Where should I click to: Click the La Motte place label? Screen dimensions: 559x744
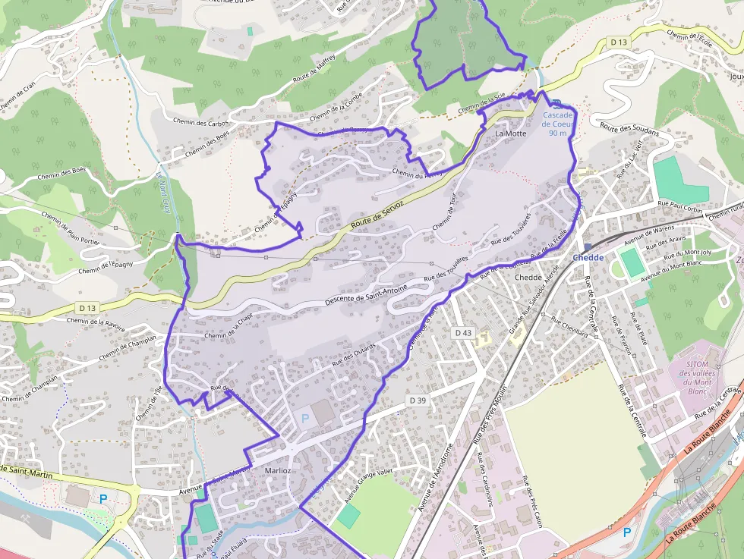pos(510,133)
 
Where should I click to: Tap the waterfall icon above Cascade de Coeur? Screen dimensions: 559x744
pos(556,104)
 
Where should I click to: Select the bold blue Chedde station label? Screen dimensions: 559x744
pos(588,258)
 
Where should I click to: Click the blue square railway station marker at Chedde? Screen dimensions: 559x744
pos(587,247)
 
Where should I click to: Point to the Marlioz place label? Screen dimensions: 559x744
pos(276,470)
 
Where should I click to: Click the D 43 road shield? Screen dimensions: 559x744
pos(463,333)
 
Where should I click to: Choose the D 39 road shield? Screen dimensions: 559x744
pos(417,400)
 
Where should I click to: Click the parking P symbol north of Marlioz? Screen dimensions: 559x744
pos(305,418)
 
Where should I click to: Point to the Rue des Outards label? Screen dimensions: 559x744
pos(355,353)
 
